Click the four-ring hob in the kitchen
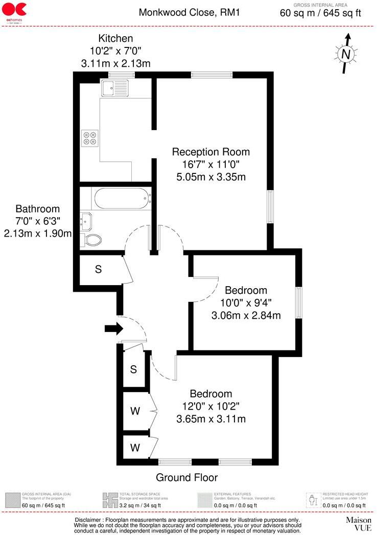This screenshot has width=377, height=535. point(90,137)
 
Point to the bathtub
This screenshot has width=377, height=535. point(121,197)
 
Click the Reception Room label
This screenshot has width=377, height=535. point(210,152)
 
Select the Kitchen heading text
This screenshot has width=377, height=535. point(115,38)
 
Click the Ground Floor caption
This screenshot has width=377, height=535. point(186,478)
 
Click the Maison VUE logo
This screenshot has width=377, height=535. point(358,524)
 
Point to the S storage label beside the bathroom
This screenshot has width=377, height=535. point(98,269)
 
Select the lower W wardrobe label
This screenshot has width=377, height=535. point(135,448)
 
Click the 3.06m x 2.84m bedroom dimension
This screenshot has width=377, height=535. point(246,316)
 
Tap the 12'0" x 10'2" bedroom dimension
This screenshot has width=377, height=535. point(211,406)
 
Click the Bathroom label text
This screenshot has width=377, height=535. point(37,209)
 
